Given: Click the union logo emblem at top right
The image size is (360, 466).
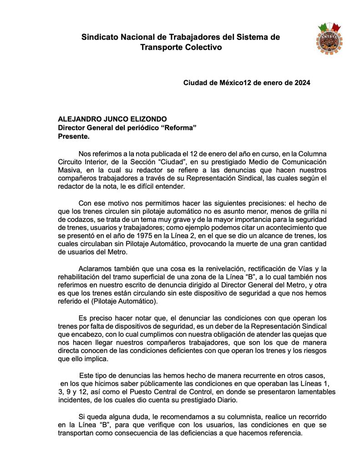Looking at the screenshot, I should click(329, 38).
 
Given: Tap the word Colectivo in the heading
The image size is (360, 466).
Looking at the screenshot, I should click(203, 47).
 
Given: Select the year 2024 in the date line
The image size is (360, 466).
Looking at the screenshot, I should click(302, 83).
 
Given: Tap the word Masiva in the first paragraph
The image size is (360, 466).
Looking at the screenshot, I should click(69, 170).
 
